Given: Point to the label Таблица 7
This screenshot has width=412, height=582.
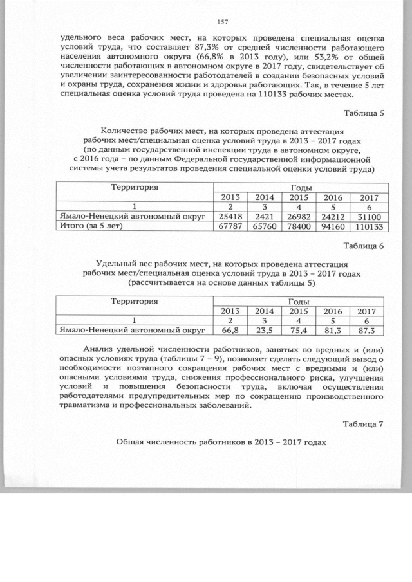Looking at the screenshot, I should click(x=364, y=424).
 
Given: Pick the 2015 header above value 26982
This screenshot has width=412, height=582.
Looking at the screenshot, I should click(x=299, y=197).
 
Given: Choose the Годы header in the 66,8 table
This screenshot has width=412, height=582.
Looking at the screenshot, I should click(x=299, y=301).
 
